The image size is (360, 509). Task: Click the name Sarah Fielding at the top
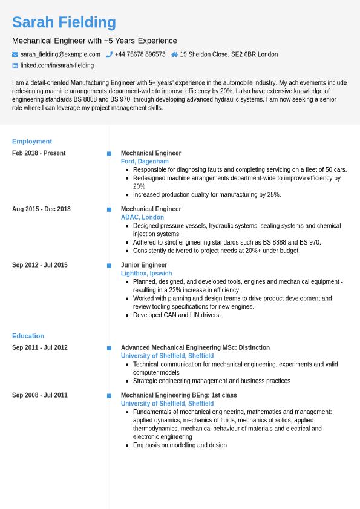[x=64, y=22]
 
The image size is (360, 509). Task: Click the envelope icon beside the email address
[x=15, y=54]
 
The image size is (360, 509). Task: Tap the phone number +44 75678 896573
[x=140, y=54]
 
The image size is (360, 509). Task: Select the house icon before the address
[x=175, y=54]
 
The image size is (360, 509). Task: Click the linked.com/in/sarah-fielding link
[x=57, y=65]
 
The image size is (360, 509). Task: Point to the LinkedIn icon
[x=15, y=65]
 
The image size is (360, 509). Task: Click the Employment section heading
[x=32, y=141]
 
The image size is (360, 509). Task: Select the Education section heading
[x=28, y=336]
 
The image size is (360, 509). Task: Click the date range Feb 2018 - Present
[x=39, y=153]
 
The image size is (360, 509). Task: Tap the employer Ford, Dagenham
[x=145, y=162]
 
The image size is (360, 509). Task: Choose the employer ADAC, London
[x=142, y=217]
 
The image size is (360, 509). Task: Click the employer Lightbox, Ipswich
[x=146, y=274]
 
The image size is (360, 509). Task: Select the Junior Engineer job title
[x=144, y=265]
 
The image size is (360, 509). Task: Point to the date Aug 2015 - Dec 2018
[x=41, y=209]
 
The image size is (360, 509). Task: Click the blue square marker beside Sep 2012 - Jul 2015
[x=109, y=266]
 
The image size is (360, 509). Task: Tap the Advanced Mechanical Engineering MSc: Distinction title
[x=195, y=348]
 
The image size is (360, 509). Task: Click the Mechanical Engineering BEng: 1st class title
[x=179, y=395]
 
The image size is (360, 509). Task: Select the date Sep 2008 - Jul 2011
[x=40, y=395]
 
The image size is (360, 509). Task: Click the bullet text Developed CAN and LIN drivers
[x=177, y=315]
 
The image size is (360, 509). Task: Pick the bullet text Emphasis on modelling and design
[x=180, y=445]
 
